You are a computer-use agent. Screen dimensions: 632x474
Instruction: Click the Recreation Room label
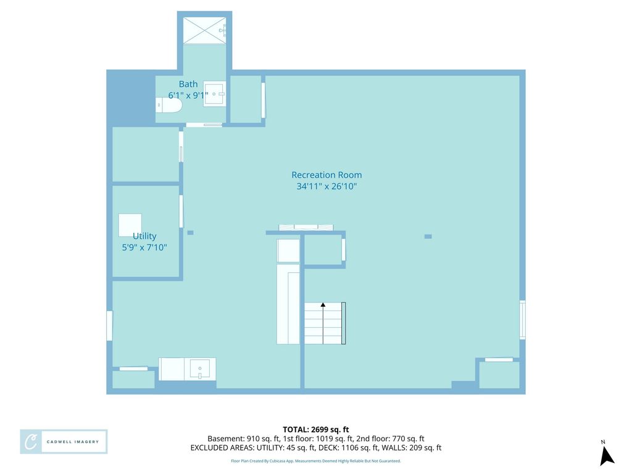point(326,175)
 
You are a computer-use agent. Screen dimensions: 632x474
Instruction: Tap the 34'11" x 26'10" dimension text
point(326,186)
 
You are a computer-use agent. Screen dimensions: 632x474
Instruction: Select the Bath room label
point(188,84)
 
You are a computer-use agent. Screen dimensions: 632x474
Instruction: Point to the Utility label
point(144,236)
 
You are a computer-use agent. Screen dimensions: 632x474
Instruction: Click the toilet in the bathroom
point(169,105)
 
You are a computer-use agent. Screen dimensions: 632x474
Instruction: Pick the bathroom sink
point(214,94)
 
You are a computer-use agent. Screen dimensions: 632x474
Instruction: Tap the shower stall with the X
point(205,30)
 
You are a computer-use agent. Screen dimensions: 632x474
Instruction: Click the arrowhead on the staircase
point(323,305)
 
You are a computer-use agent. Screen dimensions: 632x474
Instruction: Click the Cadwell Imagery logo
point(64,442)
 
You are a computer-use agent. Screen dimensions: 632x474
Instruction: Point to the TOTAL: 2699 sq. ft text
point(315,430)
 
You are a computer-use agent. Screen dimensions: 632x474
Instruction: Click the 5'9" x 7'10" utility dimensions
point(144,247)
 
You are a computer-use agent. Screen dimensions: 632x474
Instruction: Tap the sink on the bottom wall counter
point(200,369)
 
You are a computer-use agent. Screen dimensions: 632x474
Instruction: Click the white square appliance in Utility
point(130,225)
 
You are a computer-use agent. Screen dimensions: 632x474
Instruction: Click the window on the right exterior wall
point(522,320)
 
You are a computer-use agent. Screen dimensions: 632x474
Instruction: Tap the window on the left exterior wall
point(109,325)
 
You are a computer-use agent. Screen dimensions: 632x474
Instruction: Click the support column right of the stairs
point(428,236)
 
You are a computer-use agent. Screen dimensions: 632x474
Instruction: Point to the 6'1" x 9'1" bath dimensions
point(188,96)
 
